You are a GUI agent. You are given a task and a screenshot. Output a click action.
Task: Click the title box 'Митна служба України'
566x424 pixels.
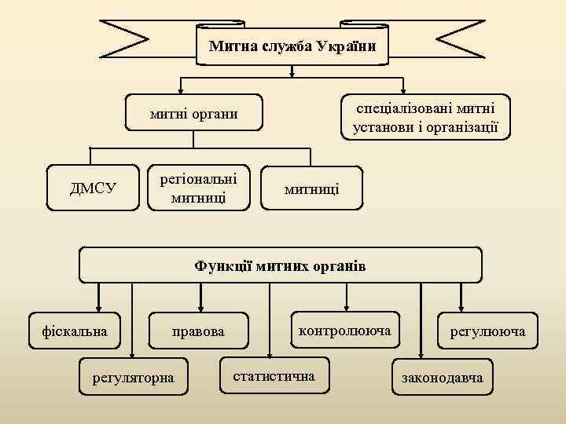(292, 46)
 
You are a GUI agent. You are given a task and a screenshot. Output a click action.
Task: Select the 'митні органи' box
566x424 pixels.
(194, 115)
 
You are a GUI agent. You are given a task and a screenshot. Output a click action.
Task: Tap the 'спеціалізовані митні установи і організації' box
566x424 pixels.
(425, 117)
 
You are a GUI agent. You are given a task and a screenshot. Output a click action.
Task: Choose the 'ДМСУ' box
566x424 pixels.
(94, 188)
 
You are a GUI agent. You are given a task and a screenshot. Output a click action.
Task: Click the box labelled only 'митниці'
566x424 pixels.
(312, 188)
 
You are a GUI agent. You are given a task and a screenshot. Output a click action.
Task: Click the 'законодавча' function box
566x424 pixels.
(442, 378)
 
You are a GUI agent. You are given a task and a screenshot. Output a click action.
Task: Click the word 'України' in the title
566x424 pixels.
(346, 46)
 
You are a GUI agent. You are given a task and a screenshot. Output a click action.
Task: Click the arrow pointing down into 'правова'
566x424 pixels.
(201, 305)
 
